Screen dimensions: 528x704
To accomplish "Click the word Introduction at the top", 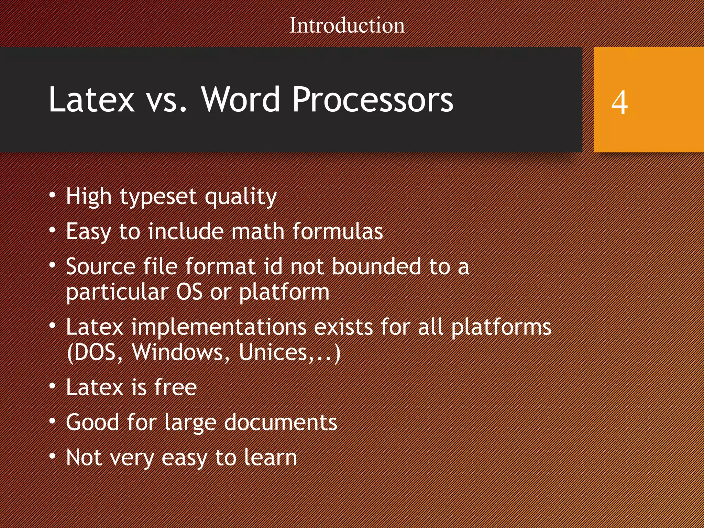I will tap(347, 25).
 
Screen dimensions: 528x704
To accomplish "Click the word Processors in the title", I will tap(373, 100).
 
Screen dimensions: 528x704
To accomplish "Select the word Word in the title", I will tap(240, 100).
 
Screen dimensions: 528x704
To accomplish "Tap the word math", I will tap(257, 231).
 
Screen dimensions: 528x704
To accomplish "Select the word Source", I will tap(101, 267).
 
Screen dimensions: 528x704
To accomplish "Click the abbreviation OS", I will tap(189, 292).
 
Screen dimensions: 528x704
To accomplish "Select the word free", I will tap(175, 387).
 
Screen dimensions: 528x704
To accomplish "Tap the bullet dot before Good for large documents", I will tap(52, 421).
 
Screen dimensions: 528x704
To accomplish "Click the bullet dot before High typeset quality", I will tap(52, 195).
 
